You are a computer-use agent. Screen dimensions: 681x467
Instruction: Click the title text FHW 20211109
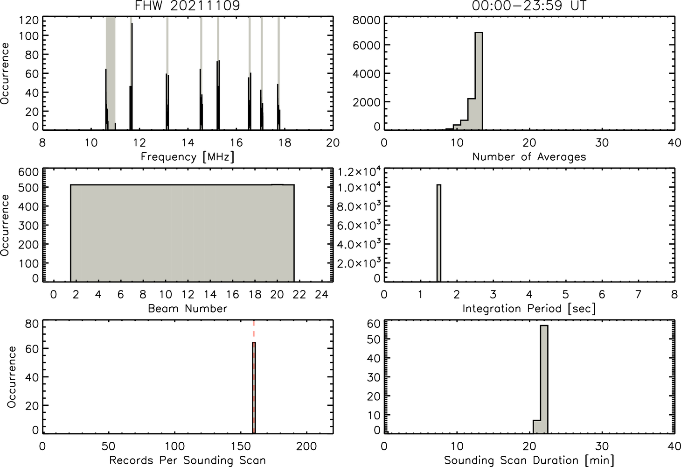pos(188,6)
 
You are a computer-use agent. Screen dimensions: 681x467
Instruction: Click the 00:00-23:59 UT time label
pos(529,6)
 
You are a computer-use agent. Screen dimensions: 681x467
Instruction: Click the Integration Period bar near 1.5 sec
pos(439,233)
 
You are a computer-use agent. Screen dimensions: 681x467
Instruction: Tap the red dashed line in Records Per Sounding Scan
pos(254,376)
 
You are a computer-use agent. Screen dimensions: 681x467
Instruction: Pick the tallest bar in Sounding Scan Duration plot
pos(544,379)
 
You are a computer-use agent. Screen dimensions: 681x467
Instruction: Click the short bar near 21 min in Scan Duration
pos(536,427)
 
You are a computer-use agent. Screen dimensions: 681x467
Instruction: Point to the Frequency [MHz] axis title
pos(188,157)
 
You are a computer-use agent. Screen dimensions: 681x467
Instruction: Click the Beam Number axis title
pos(188,308)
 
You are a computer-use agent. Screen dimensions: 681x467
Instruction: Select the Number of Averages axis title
pos(529,157)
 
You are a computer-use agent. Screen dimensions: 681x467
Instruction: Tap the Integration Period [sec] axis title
pos(529,309)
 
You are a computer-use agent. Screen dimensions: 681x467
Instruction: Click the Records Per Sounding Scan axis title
pos(188,460)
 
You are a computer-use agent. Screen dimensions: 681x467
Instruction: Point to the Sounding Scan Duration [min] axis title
pos(529,460)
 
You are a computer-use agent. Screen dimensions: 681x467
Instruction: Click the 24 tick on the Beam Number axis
pos(322,294)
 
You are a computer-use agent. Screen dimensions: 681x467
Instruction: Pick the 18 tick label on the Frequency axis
pos(285,142)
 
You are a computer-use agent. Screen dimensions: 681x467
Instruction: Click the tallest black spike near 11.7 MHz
pos(132,77)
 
